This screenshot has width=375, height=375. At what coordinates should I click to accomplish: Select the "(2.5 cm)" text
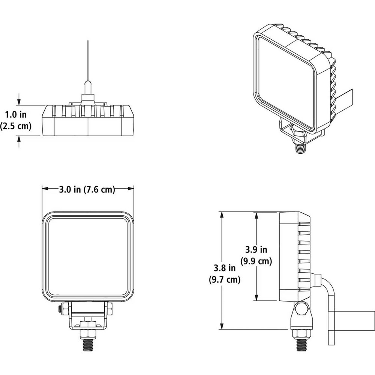16,126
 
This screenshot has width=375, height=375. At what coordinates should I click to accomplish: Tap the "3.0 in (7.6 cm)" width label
87,189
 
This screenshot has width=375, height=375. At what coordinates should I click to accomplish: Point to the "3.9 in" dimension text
256,249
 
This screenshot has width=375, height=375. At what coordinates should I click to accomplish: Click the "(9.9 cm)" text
256,261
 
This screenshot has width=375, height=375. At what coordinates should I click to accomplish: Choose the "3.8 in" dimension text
225,268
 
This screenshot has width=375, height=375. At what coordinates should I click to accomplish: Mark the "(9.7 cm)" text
224,279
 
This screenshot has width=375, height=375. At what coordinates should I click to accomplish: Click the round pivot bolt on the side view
301,309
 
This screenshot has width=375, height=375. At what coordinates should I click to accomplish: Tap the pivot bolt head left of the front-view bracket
60,310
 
